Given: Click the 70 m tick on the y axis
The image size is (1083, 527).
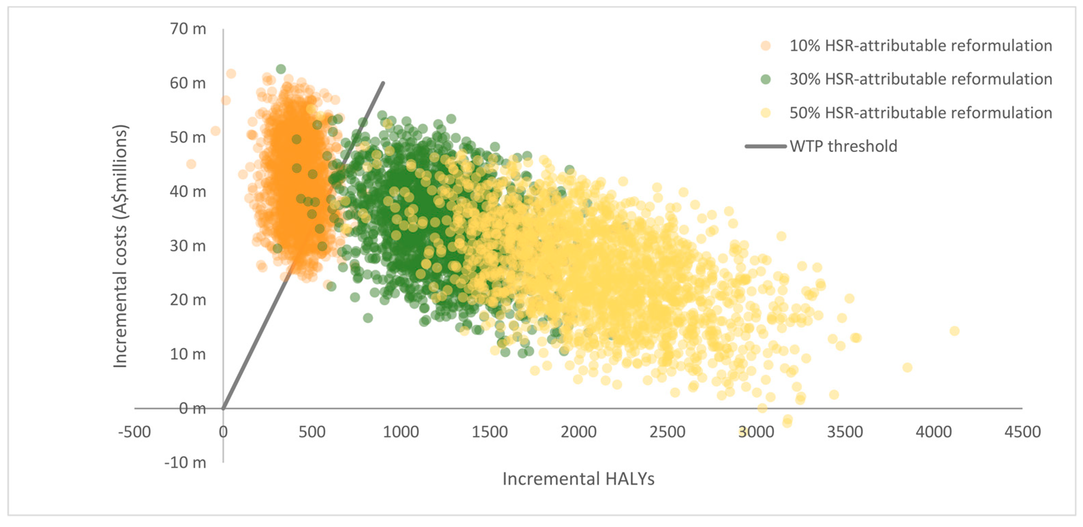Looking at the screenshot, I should (x=188, y=29).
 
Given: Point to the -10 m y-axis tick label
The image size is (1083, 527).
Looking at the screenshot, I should (x=185, y=463).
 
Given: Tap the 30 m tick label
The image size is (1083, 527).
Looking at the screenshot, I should (x=188, y=246).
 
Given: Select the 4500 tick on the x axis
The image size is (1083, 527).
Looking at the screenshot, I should (x=1022, y=432).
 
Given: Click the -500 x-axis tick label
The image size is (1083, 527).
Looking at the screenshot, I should (x=134, y=432).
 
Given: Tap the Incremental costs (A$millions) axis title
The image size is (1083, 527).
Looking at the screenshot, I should (x=120, y=246).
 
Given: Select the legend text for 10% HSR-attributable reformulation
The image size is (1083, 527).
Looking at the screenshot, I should (x=920, y=45).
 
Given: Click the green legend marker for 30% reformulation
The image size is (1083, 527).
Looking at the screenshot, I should (x=765, y=79).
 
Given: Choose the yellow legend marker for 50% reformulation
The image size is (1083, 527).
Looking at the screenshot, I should (x=765, y=113).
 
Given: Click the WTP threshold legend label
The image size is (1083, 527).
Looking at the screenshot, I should (x=843, y=146).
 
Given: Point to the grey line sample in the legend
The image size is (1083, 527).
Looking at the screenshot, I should (x=765, y=146).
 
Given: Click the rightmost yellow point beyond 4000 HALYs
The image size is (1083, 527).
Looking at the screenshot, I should (x=954, y=331).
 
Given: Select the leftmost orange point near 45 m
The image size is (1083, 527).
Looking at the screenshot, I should (x=191, y=164).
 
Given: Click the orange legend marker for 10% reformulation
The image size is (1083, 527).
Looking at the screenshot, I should (x=765, y=45).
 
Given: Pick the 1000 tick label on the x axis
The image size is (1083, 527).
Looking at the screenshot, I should (x=401, y=432).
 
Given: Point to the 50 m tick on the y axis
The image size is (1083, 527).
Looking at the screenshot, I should (x=188, y=138).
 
